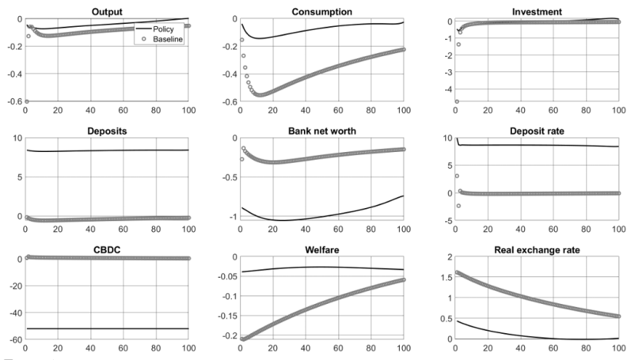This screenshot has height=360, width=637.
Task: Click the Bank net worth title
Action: pyautogui.click(x=322, y=130)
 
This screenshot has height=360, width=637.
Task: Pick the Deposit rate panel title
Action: pyautogui.click(x=536, y=130)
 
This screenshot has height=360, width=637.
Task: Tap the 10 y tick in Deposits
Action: pyautogui.click(x=16, y=138)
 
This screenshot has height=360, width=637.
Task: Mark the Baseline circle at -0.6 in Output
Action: pyautogui.click(x=27, y=101)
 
